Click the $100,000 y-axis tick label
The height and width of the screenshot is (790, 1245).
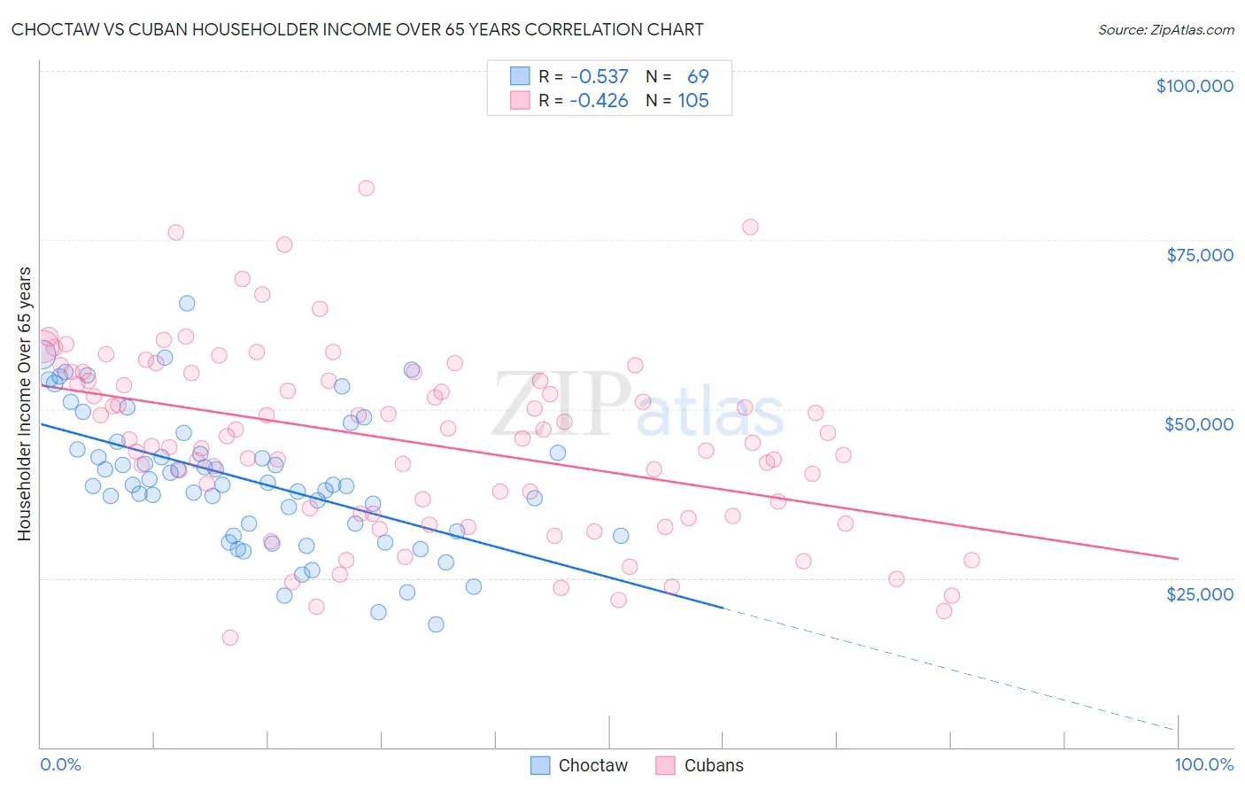[1195, 86]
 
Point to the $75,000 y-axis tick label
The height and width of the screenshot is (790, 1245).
[1199, 255]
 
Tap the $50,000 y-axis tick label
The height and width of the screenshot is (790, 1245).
[1198, 424]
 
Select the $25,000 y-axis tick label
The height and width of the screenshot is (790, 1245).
[1199, 593]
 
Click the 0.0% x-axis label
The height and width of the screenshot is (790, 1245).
[60, 764]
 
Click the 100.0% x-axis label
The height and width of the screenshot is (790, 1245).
[1203, 764]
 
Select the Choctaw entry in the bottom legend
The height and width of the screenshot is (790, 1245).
[579, 765]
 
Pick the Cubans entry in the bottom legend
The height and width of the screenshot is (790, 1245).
[700, 765]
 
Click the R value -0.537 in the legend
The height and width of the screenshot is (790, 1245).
[599, 77]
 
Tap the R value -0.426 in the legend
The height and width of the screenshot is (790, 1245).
[599, 101]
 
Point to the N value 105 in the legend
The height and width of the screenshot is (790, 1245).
[693, 101]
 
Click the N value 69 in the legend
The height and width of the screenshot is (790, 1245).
[698, 77]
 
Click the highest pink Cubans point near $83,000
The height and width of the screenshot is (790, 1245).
[366, 188]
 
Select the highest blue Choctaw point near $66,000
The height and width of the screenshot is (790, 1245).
[187, 303]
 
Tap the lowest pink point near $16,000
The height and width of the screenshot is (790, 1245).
[230, 638]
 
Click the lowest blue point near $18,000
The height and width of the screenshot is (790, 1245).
[436, 624]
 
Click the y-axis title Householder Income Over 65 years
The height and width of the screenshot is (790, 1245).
[25, 403]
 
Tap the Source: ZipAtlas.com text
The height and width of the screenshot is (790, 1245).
[1165, 30]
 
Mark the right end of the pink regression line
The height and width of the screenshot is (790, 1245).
[1178, 559]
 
